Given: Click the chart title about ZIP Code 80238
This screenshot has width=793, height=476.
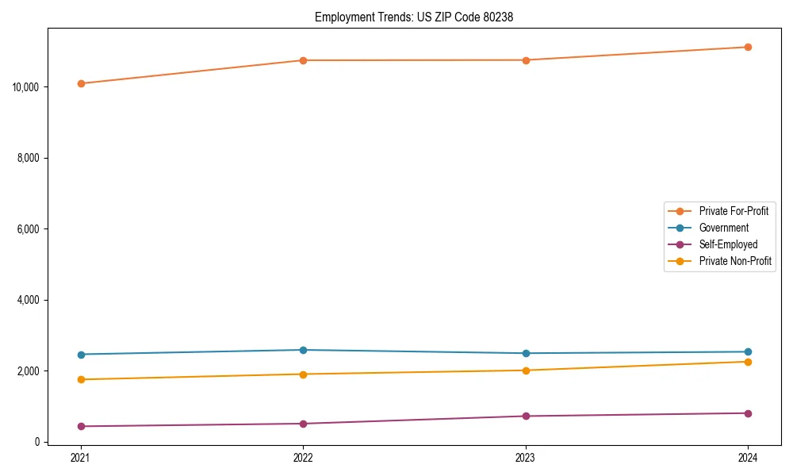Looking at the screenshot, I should coord(414,17).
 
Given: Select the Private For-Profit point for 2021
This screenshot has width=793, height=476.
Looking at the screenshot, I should coord(81,83).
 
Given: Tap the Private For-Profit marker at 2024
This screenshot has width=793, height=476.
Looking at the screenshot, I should coord(748,47).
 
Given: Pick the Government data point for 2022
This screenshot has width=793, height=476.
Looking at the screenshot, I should coord(303,350).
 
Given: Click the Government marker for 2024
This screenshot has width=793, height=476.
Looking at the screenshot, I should coord(748,351).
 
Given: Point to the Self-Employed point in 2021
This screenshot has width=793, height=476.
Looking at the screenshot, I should coord(81,426).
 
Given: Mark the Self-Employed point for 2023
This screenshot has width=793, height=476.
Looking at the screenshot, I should coord(526,416).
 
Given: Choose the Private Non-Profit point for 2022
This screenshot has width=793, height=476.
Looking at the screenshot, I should coord(303,374).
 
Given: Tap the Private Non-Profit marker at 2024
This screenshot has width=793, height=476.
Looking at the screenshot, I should coord(748,362).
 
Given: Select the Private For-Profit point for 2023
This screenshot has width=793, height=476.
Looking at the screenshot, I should coord(526,60).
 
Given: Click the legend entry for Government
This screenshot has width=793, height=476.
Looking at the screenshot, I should coord(723,228).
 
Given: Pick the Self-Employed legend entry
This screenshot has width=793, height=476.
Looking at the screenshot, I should coord(728,244).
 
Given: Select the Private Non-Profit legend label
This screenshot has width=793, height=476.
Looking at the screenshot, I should coord(735,261).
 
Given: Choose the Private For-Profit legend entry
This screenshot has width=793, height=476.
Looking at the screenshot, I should coord(734,211).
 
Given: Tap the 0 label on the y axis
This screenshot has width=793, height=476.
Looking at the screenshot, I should coord(38,442).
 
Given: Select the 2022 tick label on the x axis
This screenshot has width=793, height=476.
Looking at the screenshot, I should coord(303,457).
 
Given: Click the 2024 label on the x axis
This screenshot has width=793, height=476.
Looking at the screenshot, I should coord(748,457).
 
